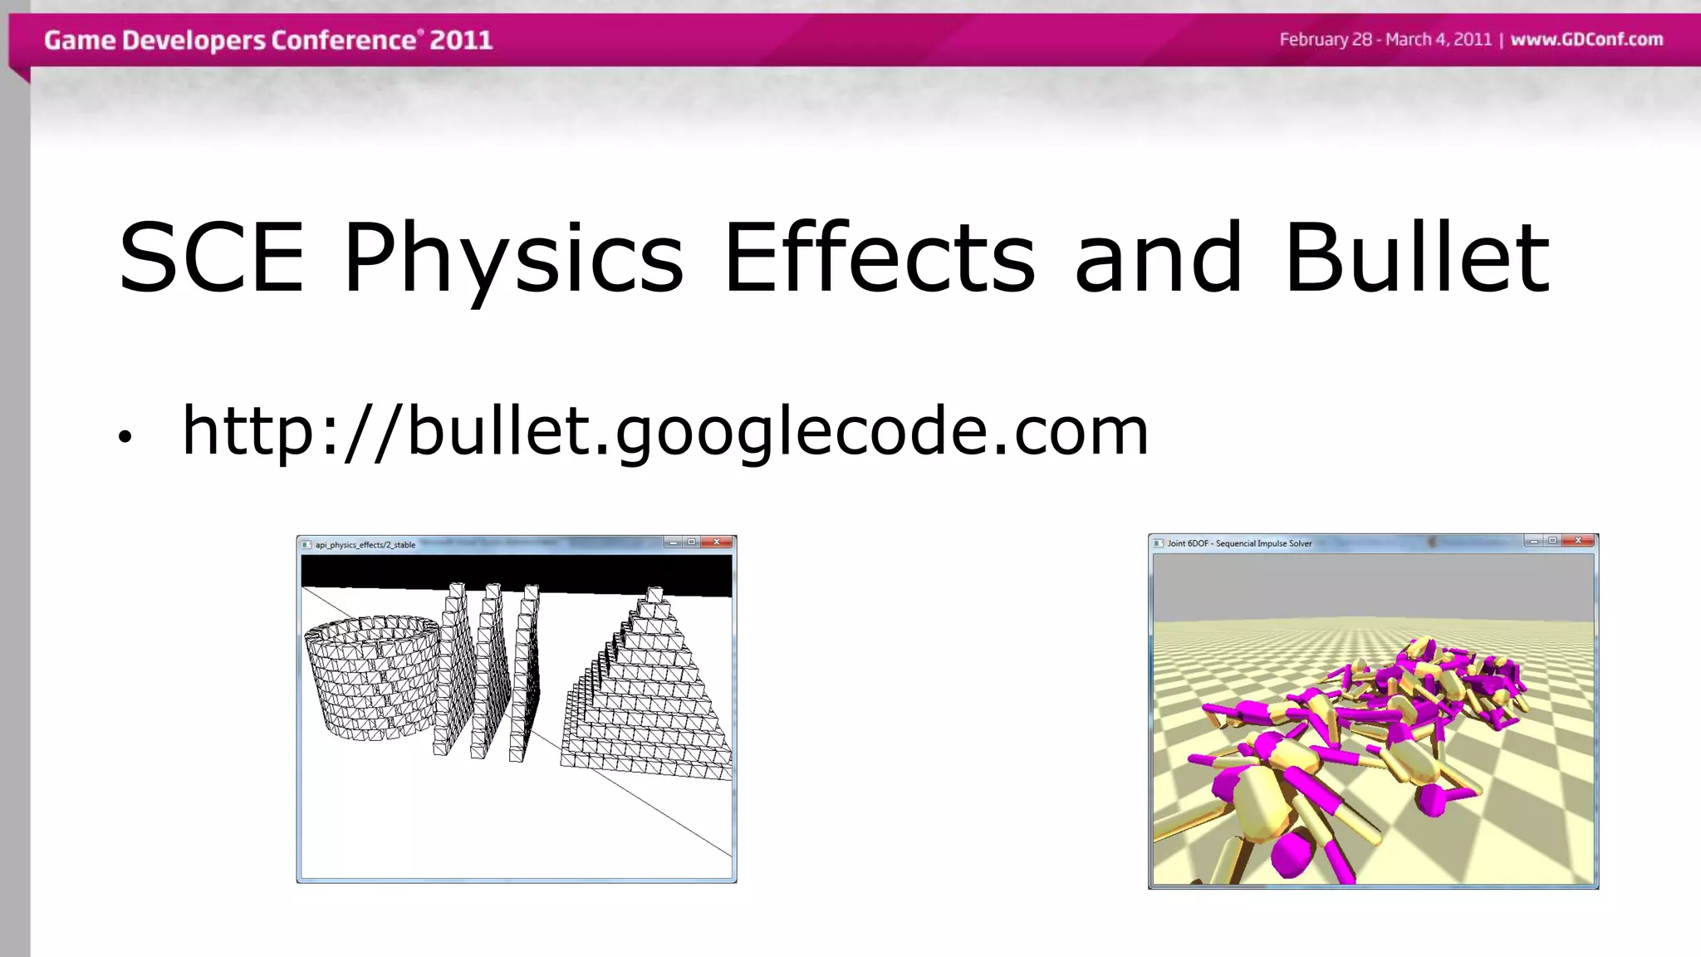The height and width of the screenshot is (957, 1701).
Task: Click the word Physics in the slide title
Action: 513,259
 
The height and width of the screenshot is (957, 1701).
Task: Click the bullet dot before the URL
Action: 125,437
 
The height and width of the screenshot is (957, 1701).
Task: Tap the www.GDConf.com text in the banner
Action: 1586,40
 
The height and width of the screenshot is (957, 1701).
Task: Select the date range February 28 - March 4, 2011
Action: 1385,40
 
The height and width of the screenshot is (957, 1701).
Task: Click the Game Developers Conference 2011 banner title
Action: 267,40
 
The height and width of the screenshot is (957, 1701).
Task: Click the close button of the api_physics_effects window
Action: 717,542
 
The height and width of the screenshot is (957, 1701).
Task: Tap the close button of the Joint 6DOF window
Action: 1578,541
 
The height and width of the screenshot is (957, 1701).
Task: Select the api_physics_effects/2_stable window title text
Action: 365,545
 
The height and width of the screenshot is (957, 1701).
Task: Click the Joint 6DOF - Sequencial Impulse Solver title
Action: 1239,543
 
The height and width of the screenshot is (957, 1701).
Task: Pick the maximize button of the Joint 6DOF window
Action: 1552,541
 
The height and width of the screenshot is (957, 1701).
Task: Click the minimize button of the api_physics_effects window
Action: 674,542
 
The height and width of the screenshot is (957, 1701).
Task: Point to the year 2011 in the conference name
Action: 460,40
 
